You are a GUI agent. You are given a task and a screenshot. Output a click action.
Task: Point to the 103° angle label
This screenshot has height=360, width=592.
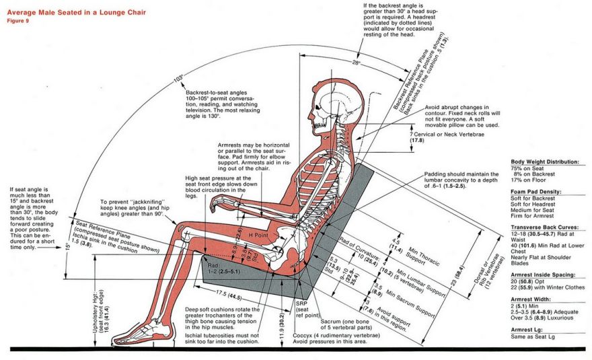point(178,79)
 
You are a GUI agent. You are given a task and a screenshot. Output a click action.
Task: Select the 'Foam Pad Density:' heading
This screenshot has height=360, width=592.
point(535,192)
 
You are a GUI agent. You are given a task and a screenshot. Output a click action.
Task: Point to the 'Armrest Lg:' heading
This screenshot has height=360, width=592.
point(528,330)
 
